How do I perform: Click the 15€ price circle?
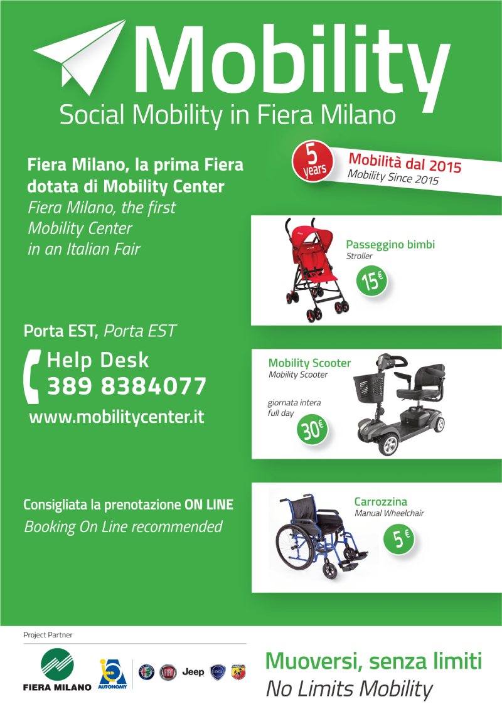(371, 280)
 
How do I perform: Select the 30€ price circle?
(312, 430)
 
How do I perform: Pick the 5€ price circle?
(398, 539)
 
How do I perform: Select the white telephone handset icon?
(32, 376)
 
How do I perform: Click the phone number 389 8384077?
(127, 386)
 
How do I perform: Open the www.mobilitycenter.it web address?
(117, 417)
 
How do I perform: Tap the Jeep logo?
(193, 672)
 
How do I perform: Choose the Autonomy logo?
(112, 673)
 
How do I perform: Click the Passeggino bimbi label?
(390, 245)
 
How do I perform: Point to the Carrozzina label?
(381, 501)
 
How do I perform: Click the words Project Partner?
(48, 635)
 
